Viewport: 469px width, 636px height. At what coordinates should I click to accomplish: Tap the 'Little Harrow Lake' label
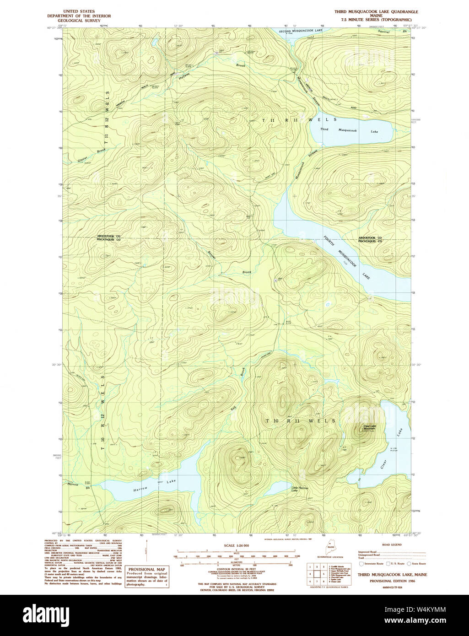pos(300,489)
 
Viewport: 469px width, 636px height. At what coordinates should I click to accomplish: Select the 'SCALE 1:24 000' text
pos(236,545)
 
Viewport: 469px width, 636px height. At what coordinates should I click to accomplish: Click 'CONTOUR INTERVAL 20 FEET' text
pos(236,567)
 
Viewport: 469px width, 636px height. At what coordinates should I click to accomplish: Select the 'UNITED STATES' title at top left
pos(79,11)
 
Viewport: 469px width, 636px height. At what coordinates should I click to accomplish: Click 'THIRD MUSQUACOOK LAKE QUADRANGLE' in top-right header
pos(376,11)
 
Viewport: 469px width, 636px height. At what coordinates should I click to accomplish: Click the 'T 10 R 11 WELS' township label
pos(301,420)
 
